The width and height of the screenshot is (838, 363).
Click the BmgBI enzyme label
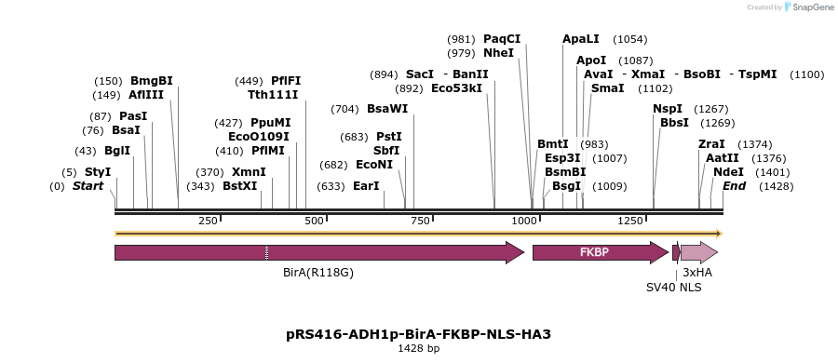tap(151, 81)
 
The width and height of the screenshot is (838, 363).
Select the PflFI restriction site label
tap(286, 81)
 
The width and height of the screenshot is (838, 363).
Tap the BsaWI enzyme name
tap(387, 109)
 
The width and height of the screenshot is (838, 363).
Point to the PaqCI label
tap(502, 39)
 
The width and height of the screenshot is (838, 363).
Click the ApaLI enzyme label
tap(581, 39)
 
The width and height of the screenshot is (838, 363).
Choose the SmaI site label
tap(608, 88)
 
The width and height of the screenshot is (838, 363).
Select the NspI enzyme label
tap(668, 109)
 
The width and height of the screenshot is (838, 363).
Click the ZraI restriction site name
tap(711, 144)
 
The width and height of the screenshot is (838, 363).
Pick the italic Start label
tap(88, 186)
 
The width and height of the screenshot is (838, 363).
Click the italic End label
tap(735, 186)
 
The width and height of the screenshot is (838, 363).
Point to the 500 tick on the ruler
tap(315, 221)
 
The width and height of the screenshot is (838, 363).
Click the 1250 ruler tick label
tap(631, 221)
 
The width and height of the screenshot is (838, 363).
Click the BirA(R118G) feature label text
tap(318, 273)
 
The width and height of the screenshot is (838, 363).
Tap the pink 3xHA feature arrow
tap(698, 252)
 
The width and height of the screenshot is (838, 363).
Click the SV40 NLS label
tap(674, 288)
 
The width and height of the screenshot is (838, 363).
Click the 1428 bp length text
tap(418, 348)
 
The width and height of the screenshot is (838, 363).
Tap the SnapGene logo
tap(808, 7)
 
